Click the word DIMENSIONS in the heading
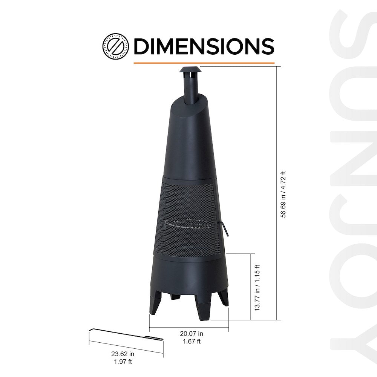coord(204,46)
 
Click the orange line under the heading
coord(204,63)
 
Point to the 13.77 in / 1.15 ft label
coord(258,287)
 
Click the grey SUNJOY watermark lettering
coord(352,188)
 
